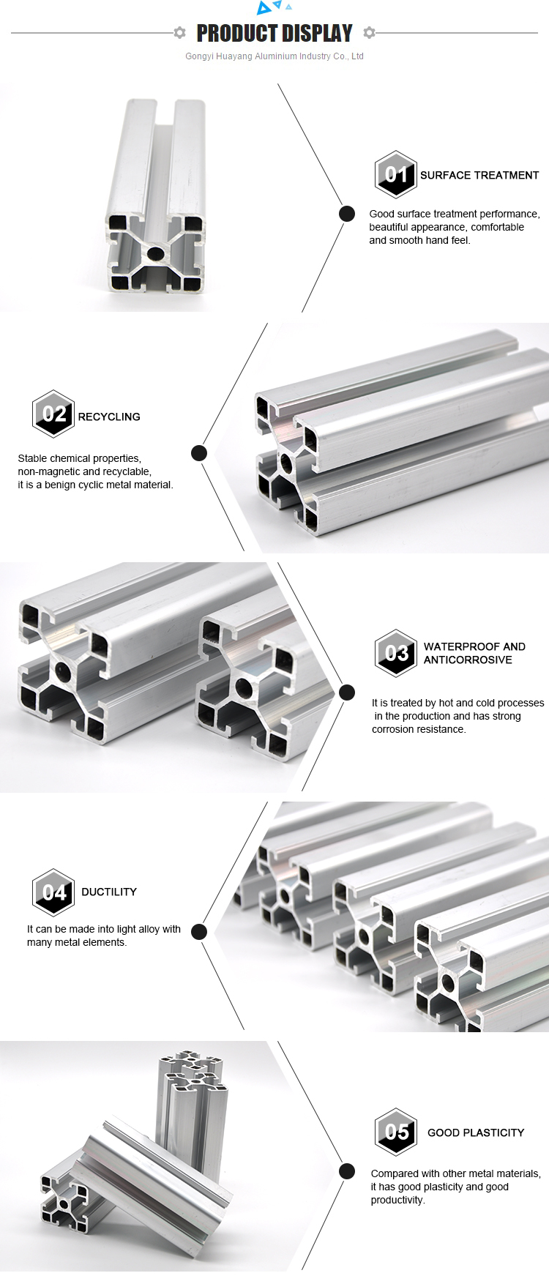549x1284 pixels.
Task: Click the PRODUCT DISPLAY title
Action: point(274,33)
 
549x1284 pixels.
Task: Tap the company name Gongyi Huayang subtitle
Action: point(274,56)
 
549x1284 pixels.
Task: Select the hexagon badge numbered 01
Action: point(396,174)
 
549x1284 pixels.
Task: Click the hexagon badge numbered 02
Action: point(53,414)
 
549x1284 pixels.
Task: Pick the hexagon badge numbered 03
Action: point(396,652)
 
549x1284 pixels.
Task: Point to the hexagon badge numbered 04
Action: point(53,892)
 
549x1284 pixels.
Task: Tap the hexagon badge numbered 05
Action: point(396,1132)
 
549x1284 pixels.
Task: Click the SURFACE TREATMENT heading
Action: point(479,175)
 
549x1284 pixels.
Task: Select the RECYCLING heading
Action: point(109,417)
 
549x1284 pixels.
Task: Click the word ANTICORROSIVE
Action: point(468,660)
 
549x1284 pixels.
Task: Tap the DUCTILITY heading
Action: point(109,892)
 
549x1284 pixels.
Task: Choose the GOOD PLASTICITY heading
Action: point(476,1132)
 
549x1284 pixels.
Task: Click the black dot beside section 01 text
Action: point(347,214)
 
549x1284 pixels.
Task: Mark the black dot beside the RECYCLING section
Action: point(199,453)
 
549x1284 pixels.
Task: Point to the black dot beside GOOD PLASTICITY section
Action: point(347,1171)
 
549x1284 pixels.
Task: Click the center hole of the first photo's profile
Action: point(155,254)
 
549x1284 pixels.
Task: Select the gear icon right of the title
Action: point(369,33)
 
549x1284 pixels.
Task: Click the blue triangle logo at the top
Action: point(274,7)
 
